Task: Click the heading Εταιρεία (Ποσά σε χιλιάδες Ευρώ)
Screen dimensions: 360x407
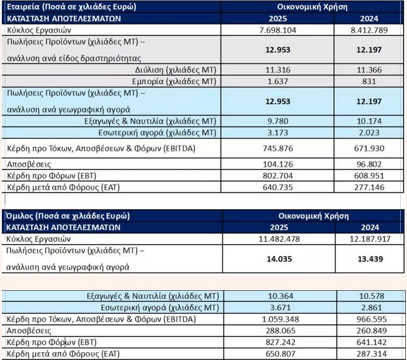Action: coord(71,7)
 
